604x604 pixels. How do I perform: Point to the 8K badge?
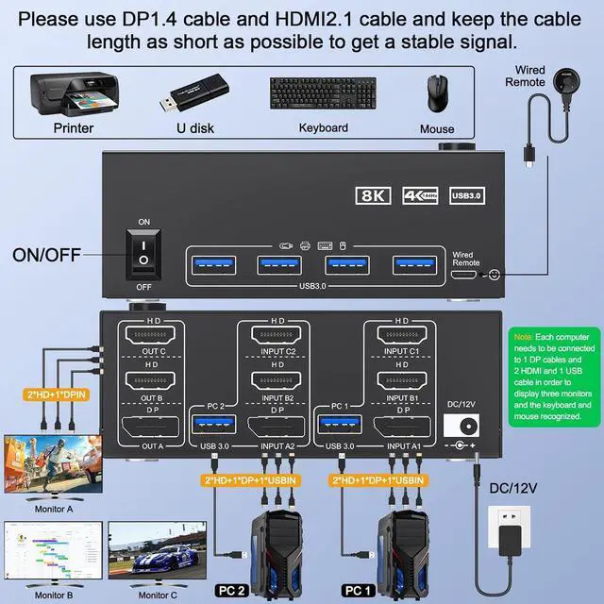pos(374,195)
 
